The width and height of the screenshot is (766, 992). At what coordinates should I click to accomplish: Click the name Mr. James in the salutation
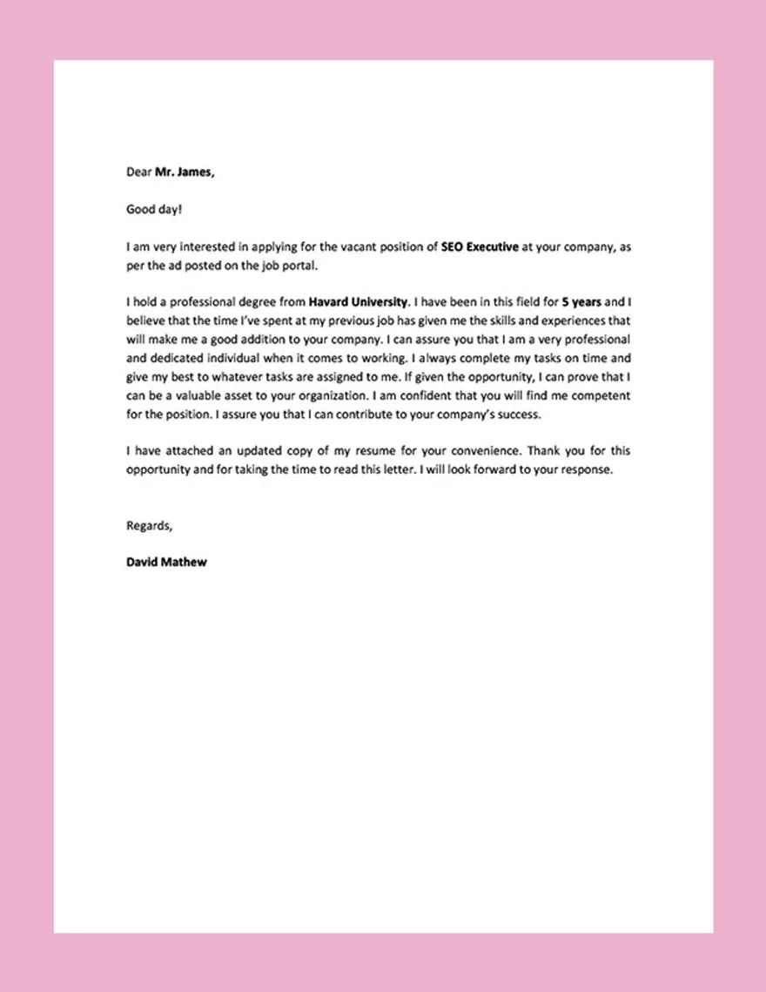(x=184, y=172)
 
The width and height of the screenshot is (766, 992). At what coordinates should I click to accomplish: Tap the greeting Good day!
(x=154, y=209)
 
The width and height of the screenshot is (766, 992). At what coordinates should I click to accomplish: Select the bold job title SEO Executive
(x=480, y=246)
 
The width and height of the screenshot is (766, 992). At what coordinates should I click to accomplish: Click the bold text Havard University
(x=358, y=302)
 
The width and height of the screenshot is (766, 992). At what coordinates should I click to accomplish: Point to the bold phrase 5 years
(x=581, y=302)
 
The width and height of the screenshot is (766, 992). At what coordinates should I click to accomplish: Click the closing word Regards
(x=149, y=525)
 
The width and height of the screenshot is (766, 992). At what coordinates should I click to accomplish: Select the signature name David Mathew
(x=166, y=562)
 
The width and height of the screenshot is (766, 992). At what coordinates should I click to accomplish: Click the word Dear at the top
(x=138, y=172)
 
